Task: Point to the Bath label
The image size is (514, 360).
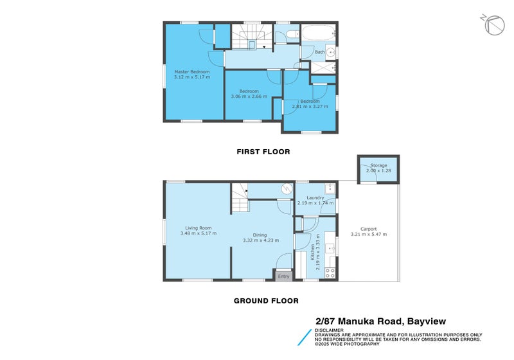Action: (x=319, y=52)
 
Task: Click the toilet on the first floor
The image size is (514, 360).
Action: (x=291, y=34)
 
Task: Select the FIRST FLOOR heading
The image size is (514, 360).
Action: (x=263, y=152)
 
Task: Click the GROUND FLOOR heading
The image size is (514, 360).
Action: (x=266, y=300)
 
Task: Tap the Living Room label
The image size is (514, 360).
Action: (x=199, y=228)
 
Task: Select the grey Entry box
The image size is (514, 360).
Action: (x=283, y=276)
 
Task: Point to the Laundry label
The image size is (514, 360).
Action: (x=315, y=197)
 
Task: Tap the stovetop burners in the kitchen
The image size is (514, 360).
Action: (x=330, y=273)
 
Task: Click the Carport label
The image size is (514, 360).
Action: (x=368, y=229)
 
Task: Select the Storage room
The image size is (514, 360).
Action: (x=378, y=168)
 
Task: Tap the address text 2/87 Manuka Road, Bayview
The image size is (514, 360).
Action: (x=380, y=321)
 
